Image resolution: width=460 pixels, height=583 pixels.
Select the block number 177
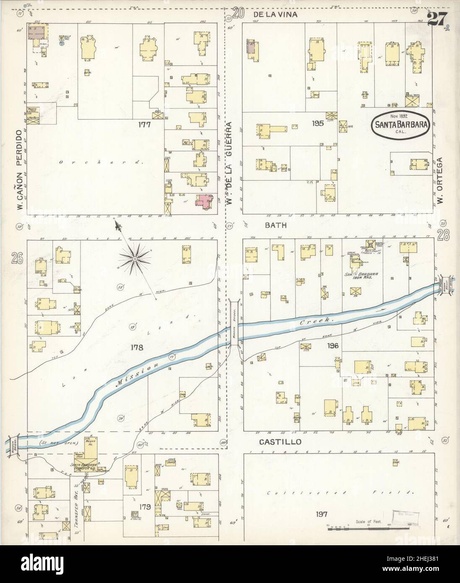click(x=146, y=125)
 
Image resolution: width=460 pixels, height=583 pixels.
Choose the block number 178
click(x=137, y=347)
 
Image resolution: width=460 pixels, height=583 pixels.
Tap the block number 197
click(x=322, y=514)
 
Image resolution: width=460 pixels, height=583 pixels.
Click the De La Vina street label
click(x=276, y=15)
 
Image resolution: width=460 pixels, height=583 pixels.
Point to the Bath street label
click(x=275, y=225)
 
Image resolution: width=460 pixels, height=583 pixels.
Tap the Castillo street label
click(x=276, y=442)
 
